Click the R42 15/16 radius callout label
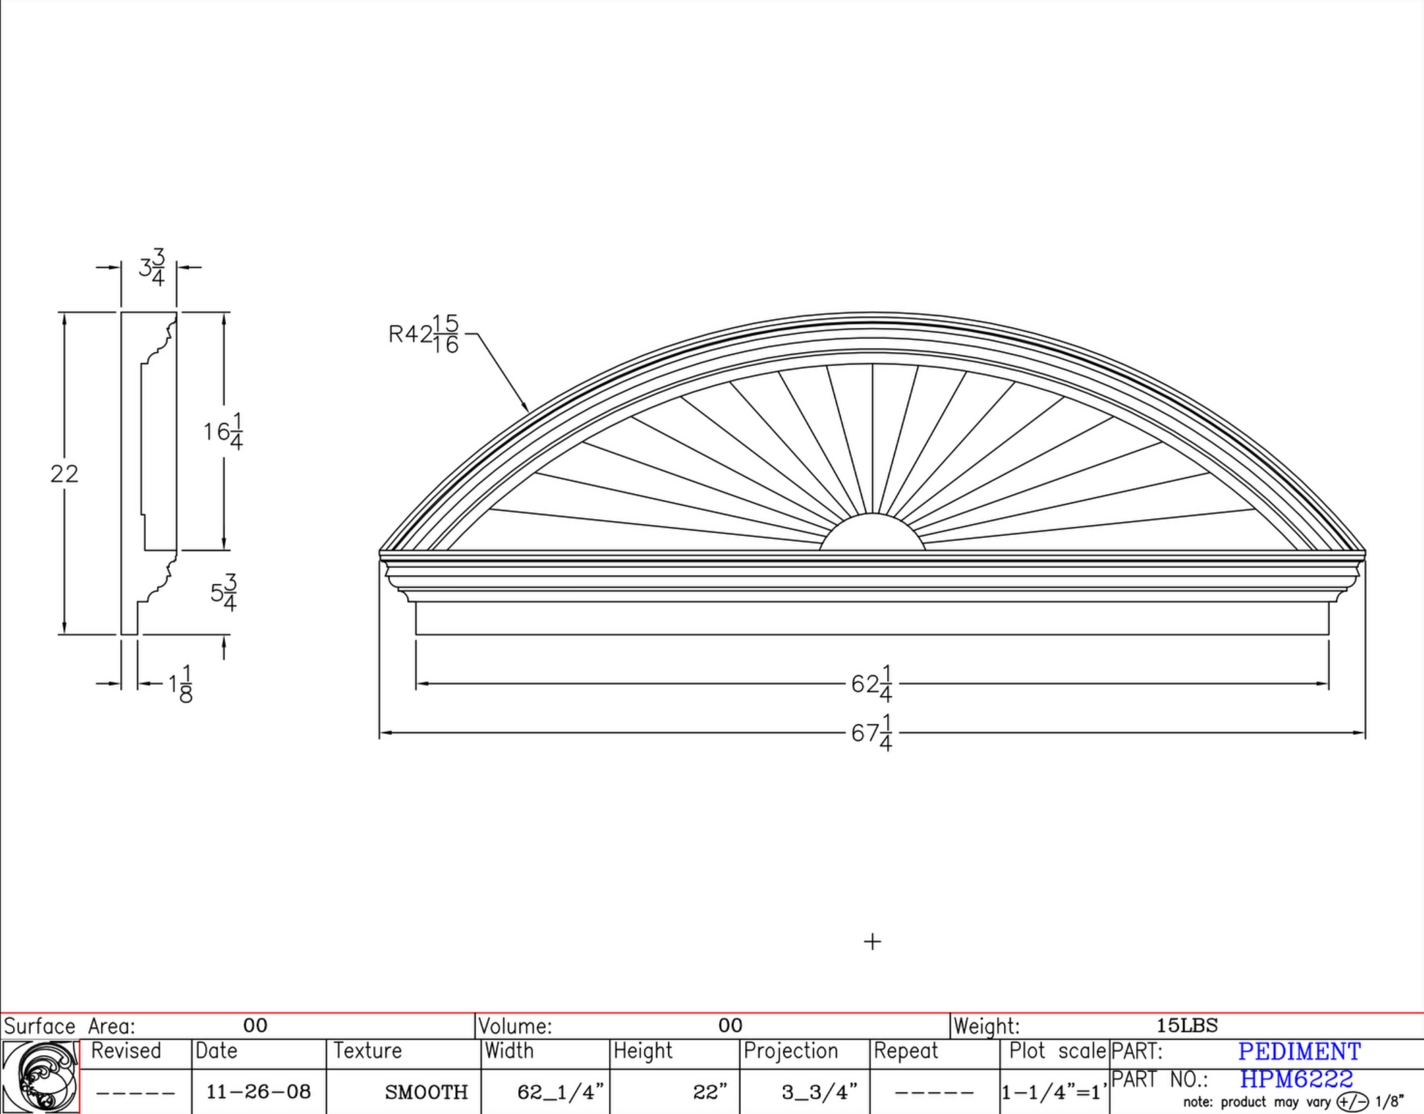click(424, 334)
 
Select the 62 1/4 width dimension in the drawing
click(872, 684)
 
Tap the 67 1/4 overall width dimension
click(872, 733)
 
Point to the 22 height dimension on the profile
click(64, 474)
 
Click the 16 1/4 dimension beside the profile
click(223, 432)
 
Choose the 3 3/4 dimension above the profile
click(152, 268)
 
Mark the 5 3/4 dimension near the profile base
click(224, 592)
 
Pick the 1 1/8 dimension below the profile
click(180, 684)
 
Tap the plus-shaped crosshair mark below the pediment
click(872, 941)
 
